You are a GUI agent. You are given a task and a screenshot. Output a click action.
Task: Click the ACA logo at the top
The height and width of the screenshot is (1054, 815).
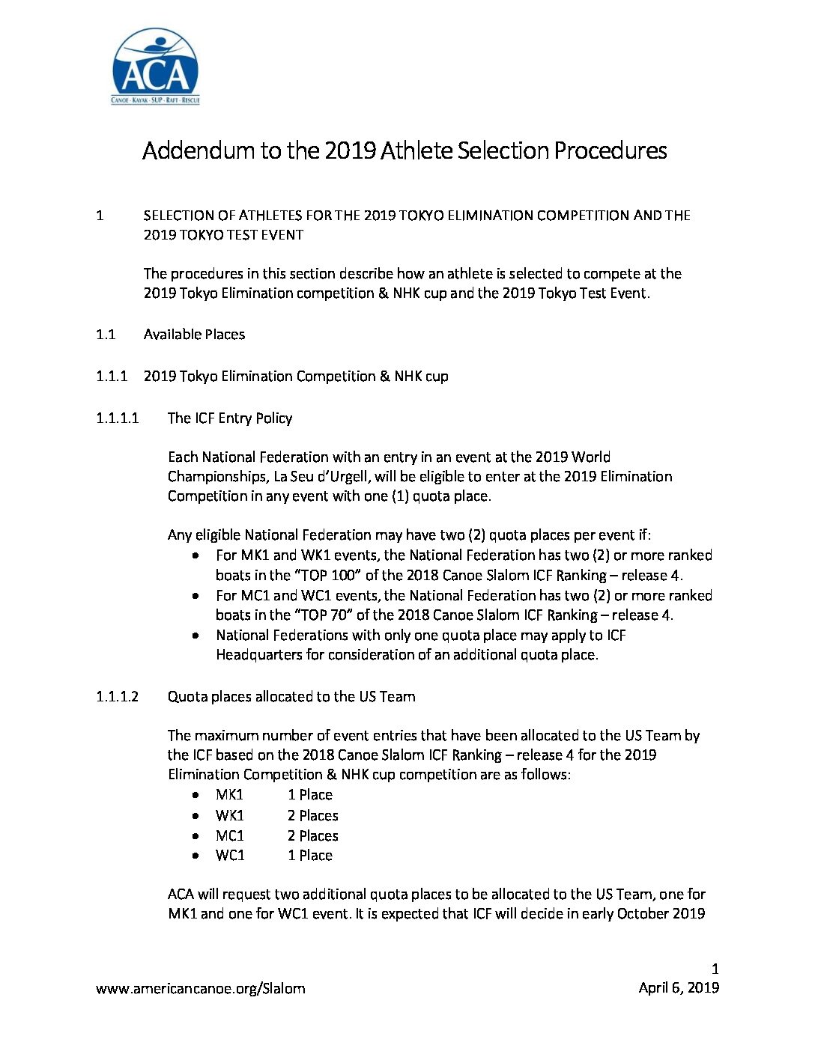coord(155,67)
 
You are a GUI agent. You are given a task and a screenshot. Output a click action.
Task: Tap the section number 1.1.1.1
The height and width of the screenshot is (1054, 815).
coord(117,418)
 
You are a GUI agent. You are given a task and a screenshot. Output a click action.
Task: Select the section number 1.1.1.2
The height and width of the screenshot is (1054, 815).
coord(117,696)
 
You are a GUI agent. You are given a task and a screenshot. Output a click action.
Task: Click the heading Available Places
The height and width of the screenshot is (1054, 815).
coord(194,334)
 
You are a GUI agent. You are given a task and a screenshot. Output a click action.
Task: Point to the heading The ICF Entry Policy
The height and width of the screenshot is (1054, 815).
coord(229,418)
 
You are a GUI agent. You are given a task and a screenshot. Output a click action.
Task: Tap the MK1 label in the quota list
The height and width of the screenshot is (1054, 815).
coord(229,794)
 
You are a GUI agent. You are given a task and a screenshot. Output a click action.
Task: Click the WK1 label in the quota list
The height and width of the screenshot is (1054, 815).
coord(229,815)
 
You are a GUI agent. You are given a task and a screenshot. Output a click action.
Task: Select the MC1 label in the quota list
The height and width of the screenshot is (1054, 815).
coord(229,835)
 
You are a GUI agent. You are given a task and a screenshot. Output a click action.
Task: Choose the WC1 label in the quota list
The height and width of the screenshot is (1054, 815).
coord(230,855)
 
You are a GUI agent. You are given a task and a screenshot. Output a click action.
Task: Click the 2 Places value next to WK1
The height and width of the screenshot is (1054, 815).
coord(312,815)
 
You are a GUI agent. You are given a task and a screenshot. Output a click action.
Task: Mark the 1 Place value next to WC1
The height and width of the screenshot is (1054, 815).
coord(309,855)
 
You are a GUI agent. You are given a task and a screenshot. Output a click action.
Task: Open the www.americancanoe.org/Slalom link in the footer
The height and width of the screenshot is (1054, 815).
coord(200,988)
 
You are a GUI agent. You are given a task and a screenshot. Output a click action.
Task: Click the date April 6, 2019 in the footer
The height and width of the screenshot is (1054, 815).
coord(679,987)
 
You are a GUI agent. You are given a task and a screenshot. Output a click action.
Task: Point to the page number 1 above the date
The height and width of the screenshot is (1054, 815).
coord(715,969)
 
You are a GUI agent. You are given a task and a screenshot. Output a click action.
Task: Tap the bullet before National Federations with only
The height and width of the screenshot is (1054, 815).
coord(196,636)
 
